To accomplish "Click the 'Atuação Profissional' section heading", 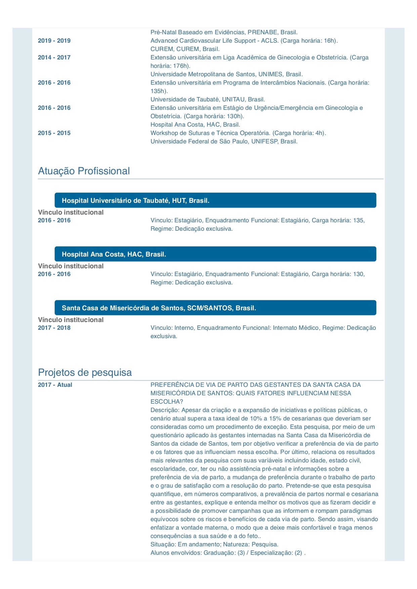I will [84, 171].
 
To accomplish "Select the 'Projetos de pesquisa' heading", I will [85, 372].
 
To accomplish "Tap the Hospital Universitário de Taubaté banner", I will [215, 200].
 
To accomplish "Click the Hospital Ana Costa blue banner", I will [215, 254].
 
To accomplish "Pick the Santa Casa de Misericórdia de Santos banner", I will [215, 308].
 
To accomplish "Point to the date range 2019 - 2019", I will [54, 41].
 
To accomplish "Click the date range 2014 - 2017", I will [54, 57].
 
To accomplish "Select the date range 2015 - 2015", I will [54, 133].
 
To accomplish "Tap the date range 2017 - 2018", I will [54, 328].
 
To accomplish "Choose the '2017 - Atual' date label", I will [55, 385].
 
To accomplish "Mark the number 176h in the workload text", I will [181, 66].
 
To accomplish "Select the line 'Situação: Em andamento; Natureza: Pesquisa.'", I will [214, 544].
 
